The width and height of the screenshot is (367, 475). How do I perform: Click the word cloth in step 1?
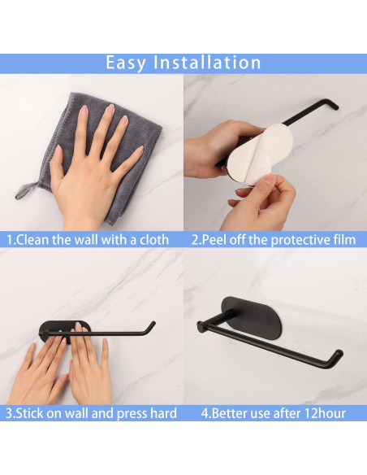click(151, 240)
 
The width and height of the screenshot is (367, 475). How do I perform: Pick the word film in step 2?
click(342, 240)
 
